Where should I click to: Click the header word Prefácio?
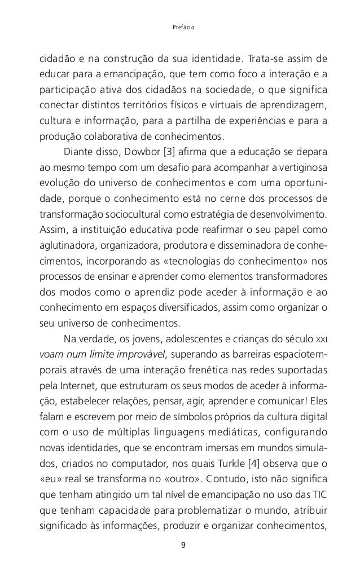(180, 25)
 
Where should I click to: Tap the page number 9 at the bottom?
(180, 544)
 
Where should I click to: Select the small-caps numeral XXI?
(319, 339)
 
